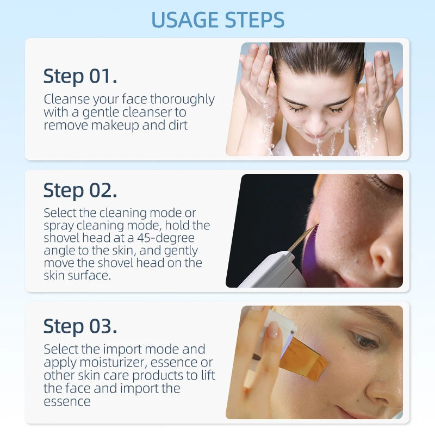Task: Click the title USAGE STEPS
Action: coord(217,20)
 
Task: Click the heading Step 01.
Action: coord(80,76)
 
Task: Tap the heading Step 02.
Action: coord(80,190)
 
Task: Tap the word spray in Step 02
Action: coord(59,225)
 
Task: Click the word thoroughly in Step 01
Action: coord(182,100)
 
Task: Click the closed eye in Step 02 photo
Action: coord(386,185)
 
